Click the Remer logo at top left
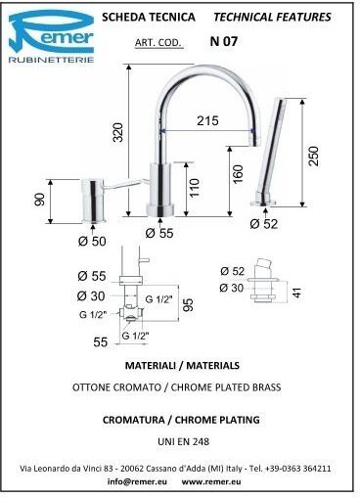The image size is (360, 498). point(51,36)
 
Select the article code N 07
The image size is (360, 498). point(224,41)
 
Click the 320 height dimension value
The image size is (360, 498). point(118,132)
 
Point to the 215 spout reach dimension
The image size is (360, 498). point(207,120)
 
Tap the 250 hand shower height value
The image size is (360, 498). point(313,157)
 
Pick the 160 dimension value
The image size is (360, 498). point(239,174)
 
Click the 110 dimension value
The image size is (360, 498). point(194,188)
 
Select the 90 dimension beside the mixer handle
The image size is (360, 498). point(39,200)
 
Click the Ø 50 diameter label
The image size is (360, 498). point(92,242)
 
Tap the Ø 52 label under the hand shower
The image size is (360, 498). point(264,224)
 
